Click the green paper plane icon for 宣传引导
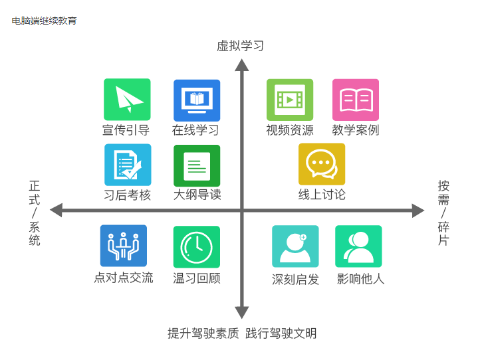[x=127, y=100]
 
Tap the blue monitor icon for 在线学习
[x=197, y=100]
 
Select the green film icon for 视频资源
[x=290, y=100]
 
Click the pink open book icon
[x=356, y=100]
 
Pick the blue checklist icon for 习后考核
[x=128, y=165]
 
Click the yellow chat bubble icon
[x=322, y=164]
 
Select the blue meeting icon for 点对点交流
[x=124, y=246]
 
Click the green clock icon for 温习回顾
[x=197, y=246]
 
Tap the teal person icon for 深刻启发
[x=295, y=246]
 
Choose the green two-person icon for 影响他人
[x=358, y=246]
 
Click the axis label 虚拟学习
[x=241, y=46]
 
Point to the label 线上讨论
[x=322, y=195]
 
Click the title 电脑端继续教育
[x=44, y=21]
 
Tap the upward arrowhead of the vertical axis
[x=242, y=64]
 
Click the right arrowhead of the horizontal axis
[x=418, y=211]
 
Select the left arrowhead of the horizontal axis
[x=57, y=211]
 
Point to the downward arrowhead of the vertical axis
[x=242, y=312]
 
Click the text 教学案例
[x=356, y=130]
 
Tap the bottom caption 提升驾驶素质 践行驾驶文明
[x=242, y=333]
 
